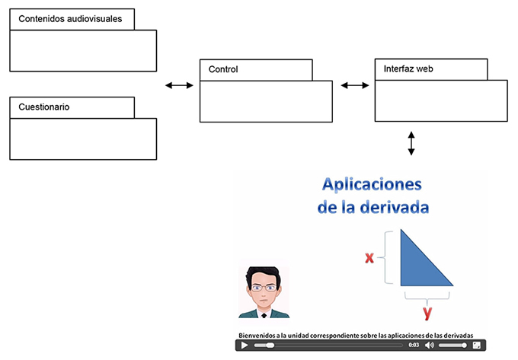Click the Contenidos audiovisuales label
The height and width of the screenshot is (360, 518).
(70, 19)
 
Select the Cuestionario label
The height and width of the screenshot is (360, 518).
(44, 107)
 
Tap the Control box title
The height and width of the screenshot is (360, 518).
(223, 69)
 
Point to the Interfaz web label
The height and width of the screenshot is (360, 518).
(408, 68)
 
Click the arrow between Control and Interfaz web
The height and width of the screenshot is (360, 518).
(355, 85)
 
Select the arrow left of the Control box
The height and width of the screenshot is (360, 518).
(179, 85)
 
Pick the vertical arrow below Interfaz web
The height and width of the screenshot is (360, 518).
(411, 143)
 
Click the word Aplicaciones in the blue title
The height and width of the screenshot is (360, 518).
(372, 184)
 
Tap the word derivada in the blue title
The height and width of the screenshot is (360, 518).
(395, 207)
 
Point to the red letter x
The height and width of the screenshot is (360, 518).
(369, 257)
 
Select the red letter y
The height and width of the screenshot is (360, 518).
(427, 313)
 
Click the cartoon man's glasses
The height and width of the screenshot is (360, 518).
(264, 288)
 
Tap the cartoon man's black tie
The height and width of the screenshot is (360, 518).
(264, 315)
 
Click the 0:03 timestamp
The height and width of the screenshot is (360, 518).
(414, 345)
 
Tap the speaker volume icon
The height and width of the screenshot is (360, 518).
(430, 345)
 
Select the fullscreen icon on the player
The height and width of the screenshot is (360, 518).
(477, 345)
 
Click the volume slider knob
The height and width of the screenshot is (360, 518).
(464, 345)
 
